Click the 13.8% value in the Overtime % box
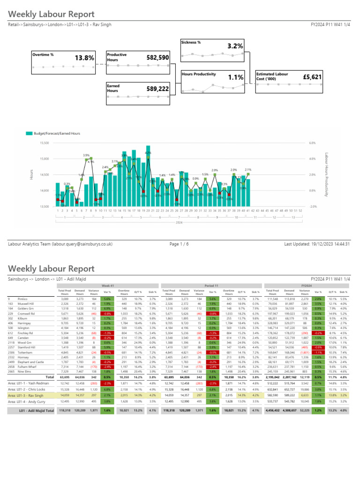84,58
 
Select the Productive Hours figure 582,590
157,58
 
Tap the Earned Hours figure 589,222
157,89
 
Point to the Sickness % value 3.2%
235,46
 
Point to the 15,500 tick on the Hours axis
45,142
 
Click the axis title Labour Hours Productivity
326,174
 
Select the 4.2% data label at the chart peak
148,153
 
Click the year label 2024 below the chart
179,224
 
